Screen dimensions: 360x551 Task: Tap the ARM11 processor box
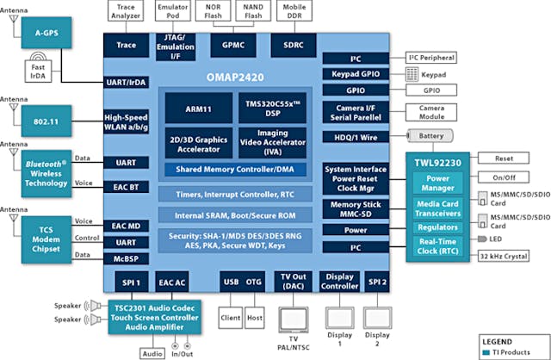[x=201, y=109]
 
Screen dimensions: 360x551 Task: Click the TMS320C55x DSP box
[x=272, y=109]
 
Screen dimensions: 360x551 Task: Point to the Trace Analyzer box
[x=125, y=12]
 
